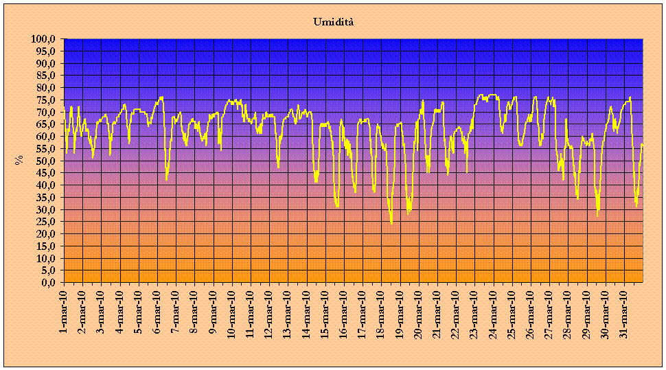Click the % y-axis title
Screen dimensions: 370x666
pos(19,161)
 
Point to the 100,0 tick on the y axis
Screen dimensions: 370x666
pos(44,39)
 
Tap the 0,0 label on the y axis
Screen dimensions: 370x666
pos(48,283)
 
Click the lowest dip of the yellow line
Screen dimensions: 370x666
pos(391,223)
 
